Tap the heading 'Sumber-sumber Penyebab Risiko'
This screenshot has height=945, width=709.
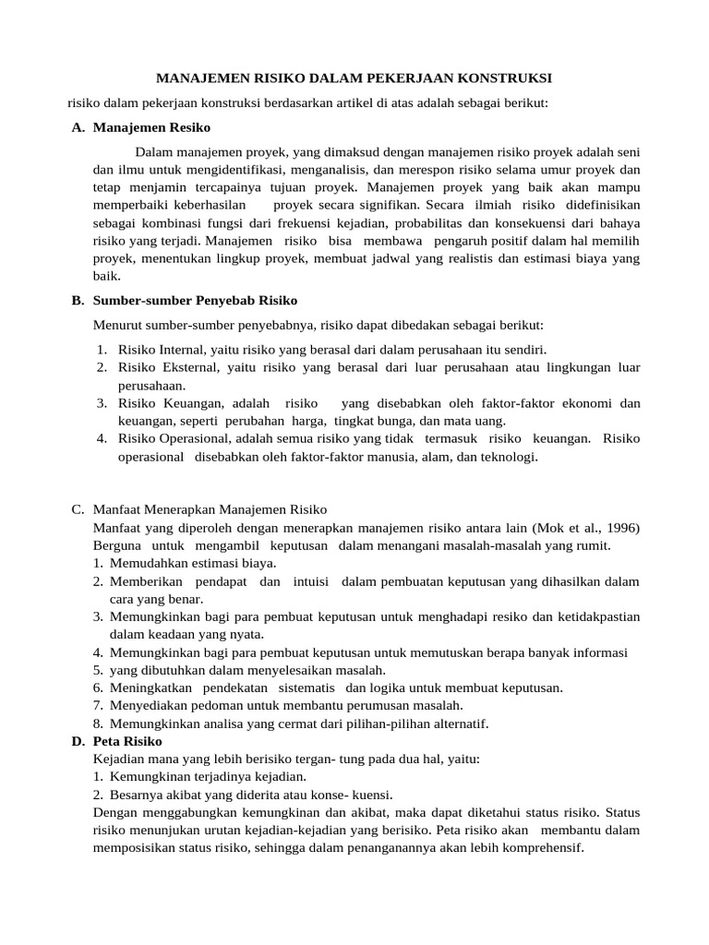coord(195,301)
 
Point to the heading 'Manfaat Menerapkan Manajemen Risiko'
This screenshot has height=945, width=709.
coord(210,509)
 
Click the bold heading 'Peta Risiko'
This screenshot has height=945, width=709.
coord(127,741)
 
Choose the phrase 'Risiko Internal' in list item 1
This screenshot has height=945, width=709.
coord(160,350)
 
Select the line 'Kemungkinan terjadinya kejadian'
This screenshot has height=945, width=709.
coord(208,776)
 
